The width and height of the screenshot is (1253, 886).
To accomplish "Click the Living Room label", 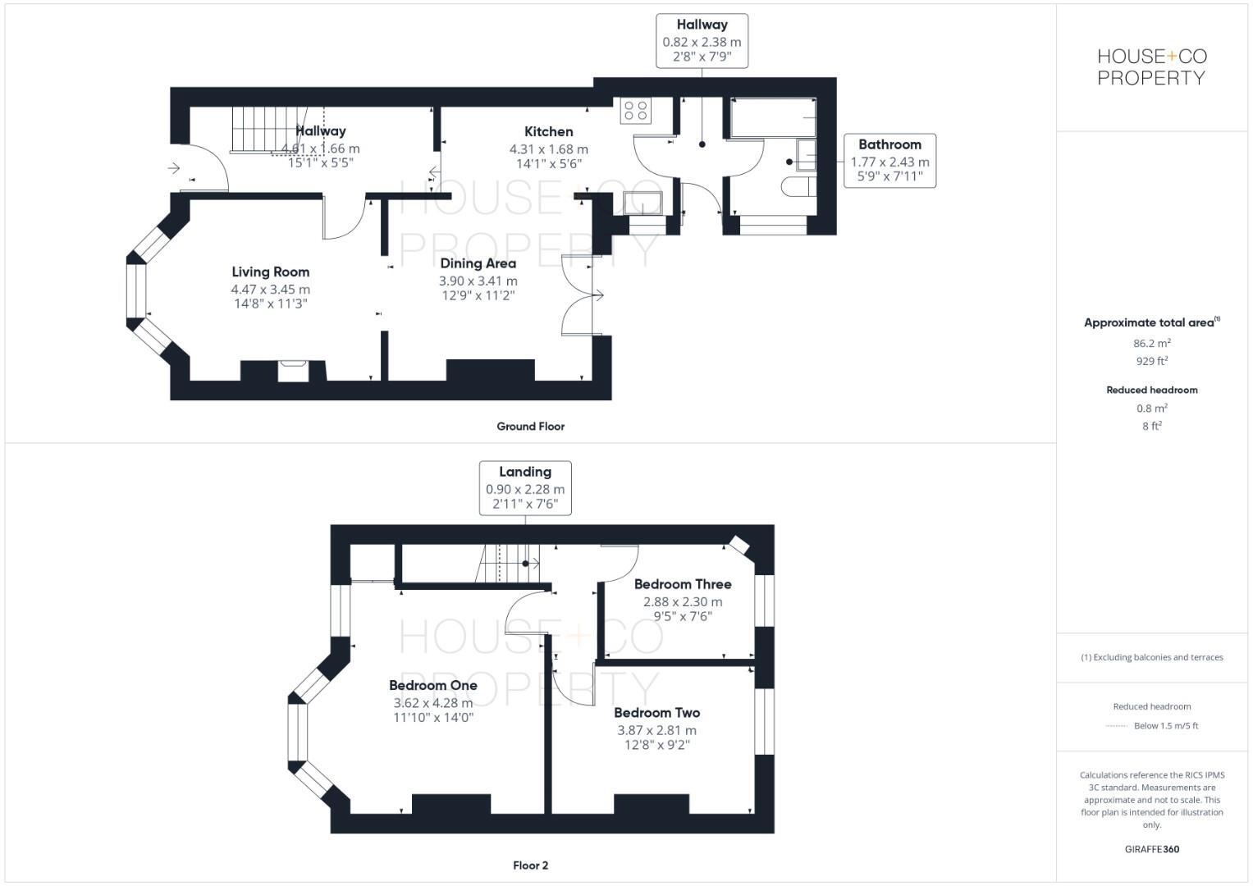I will click(270, 272).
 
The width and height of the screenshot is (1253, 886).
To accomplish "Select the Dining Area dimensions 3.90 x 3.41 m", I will click(478, 281).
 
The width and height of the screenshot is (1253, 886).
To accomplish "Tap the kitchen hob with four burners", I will click(635, 110).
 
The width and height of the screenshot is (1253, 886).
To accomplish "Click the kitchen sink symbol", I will click(643, 203).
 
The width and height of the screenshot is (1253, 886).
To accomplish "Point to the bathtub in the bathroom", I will click(772, 117).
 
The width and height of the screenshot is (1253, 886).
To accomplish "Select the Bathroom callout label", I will click(889, 144).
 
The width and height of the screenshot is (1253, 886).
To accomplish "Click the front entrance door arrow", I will click(174, 168).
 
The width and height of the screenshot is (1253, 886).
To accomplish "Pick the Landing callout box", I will click(525, 488).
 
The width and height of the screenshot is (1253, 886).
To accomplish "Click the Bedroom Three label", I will click(683, 584).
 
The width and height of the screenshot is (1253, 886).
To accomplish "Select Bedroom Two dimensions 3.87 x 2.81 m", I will click(656, 730).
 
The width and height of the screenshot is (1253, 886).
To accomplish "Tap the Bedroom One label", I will click(432, 685).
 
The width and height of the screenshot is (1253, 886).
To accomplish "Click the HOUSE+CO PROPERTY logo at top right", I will click(1151, 67).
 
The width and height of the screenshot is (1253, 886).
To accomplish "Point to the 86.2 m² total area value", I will click(1151, 344).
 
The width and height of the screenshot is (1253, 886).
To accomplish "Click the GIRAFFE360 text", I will click(1151, 849).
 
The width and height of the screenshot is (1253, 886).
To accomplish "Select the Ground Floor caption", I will click(530, 426).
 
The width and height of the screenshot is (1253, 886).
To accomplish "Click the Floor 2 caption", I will click(530, 865).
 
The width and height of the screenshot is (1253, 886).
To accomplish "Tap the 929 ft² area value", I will click(1151, 361).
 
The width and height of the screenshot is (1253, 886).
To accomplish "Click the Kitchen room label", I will click(548, 131).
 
